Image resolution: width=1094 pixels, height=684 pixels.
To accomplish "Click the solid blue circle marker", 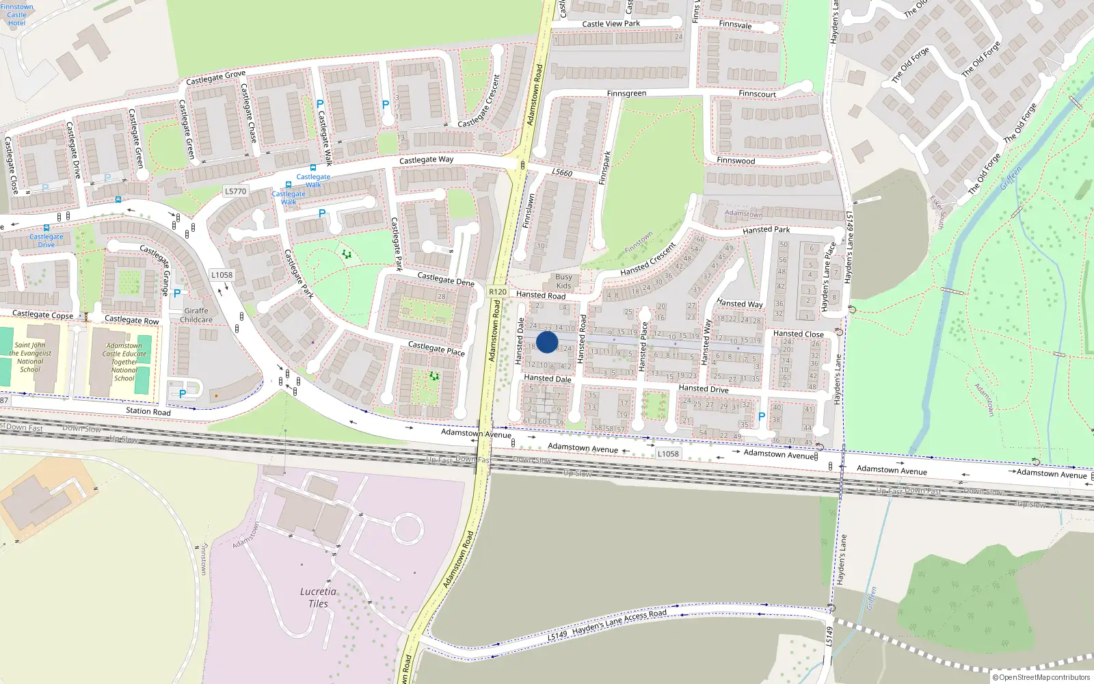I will tap(547, 342).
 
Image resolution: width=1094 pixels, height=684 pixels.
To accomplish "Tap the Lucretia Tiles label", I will tap(318, 597).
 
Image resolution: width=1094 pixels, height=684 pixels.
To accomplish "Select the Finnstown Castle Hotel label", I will tap(16, 14).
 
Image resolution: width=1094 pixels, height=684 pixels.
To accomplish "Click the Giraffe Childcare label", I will tap(196, 315).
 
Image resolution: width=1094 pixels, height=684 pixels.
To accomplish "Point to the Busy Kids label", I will tap(563, 281).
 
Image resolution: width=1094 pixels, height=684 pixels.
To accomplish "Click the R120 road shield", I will tap(498, 292).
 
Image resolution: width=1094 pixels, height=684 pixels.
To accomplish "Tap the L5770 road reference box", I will tap(235, 192).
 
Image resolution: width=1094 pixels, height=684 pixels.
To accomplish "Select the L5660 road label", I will tap(562, 173).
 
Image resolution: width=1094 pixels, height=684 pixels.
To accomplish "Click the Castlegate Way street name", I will tap(426, 160).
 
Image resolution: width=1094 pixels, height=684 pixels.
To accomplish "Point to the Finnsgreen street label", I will tap(626, 94).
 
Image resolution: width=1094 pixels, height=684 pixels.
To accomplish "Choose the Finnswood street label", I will tap(736, 161).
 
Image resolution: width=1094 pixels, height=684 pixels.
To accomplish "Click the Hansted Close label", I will tap(798, 334).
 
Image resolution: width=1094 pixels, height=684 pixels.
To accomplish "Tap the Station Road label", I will tap(148, 411).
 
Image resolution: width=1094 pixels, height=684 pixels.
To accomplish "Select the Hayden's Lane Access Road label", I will tap(619, 621).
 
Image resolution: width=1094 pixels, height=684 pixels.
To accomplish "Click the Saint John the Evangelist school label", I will tap(30, 357).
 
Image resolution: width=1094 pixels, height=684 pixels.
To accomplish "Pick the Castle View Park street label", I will tap(611, 24).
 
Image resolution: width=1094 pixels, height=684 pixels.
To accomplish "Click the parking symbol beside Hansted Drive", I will tap(762, 417).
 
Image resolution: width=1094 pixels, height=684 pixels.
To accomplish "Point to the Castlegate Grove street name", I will tap(215, 78).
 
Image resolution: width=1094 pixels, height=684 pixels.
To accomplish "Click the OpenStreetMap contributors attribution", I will tap(1041, 677).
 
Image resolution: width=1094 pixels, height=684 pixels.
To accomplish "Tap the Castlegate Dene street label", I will tap(446, 278).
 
